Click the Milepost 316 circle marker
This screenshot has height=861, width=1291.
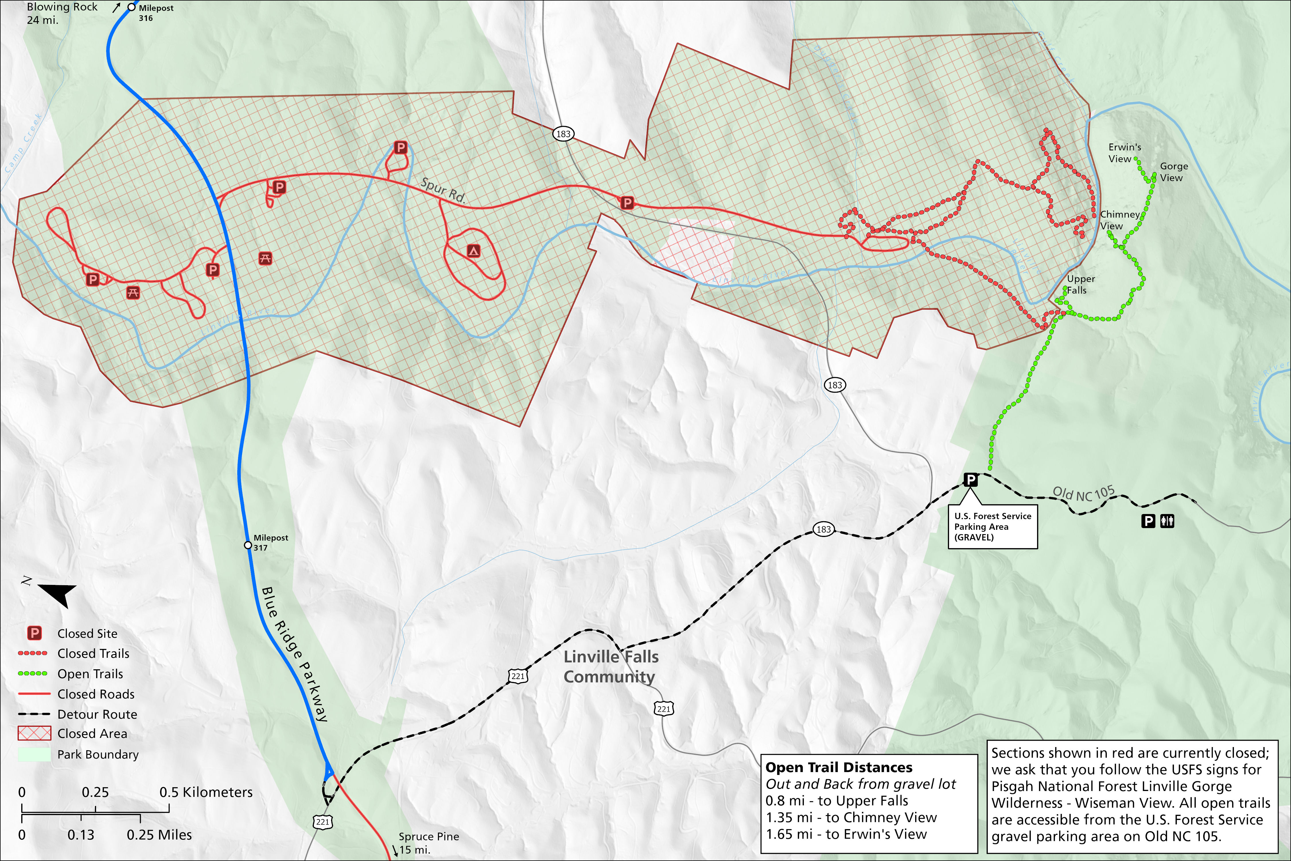tap(132, 7)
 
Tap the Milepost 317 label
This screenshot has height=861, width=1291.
tap(270, 542)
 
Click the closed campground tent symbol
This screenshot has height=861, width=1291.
tap(473, 251)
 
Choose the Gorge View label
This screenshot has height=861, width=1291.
tap(1174, 172)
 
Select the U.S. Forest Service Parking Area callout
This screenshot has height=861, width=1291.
tap(992, 526)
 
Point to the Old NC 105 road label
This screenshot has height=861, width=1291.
tap(1083, 494)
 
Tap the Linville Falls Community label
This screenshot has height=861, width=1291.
tap(610, 667)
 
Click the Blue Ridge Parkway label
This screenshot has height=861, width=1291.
tap(295, 653)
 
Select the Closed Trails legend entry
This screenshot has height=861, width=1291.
tap(93, 653)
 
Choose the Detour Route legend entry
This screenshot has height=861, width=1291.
tap(97, 714)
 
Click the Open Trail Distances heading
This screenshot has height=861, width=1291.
tap(839, 767)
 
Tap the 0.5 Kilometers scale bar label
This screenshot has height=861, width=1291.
tap(206, 792)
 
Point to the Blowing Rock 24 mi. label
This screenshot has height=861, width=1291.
tap(61, 13)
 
